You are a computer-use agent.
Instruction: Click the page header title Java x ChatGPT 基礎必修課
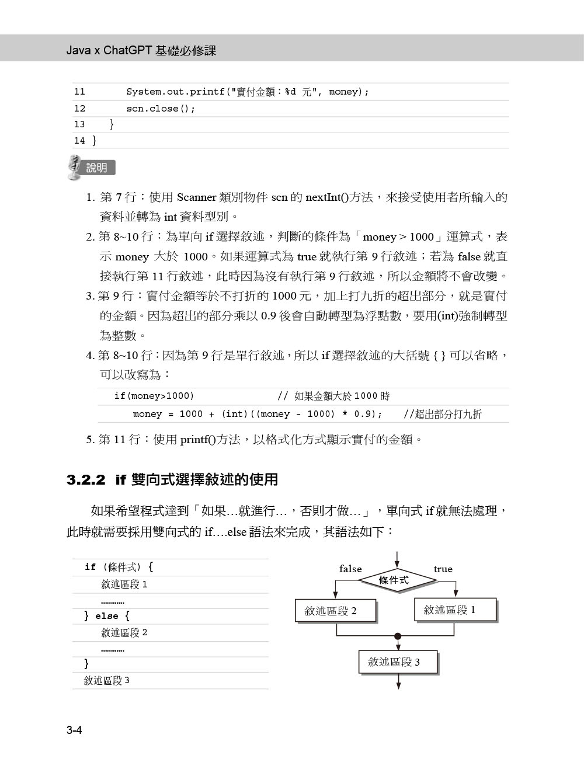point(141,51)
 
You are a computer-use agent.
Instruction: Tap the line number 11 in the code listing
point(79,92)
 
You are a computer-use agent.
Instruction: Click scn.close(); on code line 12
point(161,109)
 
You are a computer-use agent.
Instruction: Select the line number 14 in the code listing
point(79,141)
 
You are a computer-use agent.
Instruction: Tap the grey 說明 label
point(98,168)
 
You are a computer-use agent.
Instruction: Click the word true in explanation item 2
point(307,256)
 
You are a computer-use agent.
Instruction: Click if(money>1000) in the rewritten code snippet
point(154,396)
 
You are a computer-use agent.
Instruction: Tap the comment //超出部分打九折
point(443,415)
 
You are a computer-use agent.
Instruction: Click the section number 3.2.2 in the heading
point(86,480)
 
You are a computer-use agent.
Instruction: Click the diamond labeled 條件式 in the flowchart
point(397,580)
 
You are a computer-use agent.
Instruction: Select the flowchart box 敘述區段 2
point(336,611)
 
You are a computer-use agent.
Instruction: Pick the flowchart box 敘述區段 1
point(455,610)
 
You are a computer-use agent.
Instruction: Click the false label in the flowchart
point(350,569)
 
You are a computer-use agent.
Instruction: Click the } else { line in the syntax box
point(107,616)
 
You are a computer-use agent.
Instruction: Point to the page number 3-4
point(74,730)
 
